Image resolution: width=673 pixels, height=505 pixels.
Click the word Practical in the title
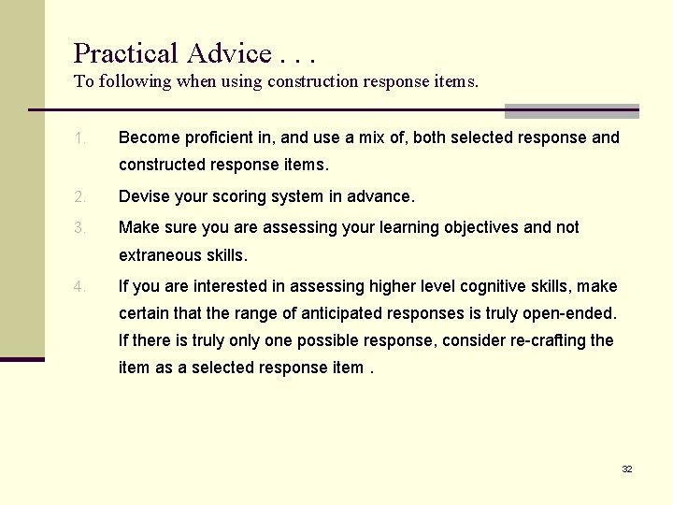125,53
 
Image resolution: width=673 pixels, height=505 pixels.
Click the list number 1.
80,138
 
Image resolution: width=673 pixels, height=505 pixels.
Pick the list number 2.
80,197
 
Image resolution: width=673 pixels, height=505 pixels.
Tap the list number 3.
80,227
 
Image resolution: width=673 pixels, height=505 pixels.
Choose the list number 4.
80,286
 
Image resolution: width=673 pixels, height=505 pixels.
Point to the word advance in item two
379,197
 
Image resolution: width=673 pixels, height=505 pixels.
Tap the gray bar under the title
571,111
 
